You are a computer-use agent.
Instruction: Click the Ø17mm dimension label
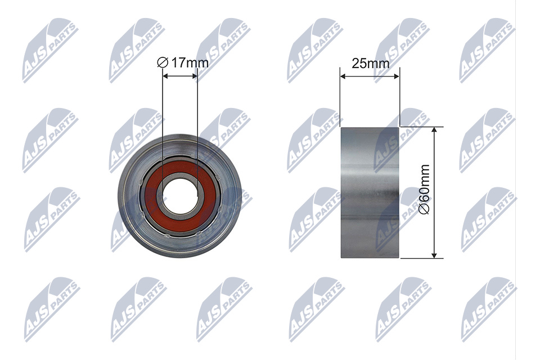pyautogui.click(x=182, y=62)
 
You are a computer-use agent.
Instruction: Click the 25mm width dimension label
pyautogui.click(x=371, y=64)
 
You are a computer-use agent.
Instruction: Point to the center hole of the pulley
pyautogui.click(x=179, y=196)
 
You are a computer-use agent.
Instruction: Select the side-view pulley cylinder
pyautogui.click(x=370, y=192)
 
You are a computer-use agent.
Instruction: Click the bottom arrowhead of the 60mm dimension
pyautogui.click(x=434, y=254)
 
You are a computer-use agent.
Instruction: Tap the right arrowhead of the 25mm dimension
pyautogui.click(x=395, y=77)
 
